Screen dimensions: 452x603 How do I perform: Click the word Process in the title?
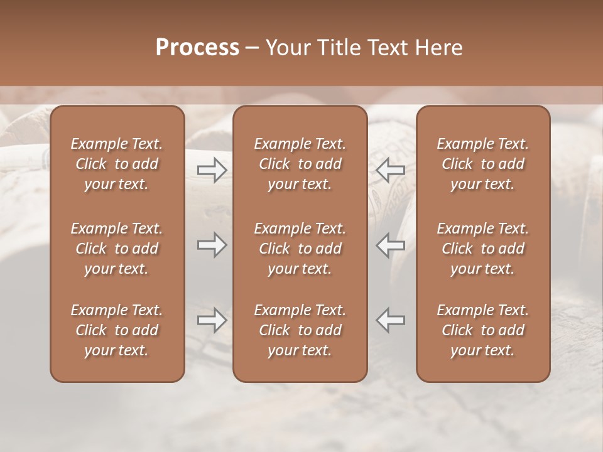pos(197,48)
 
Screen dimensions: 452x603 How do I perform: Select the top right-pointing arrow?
pos(212,170)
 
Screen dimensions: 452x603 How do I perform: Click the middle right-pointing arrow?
pos(212,245)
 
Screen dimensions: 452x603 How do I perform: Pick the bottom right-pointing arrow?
pos(212,320)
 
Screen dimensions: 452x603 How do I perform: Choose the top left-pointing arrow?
pos(391,170)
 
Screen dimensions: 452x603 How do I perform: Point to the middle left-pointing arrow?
pos(391,245)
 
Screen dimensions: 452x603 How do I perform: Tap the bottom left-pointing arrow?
pos(391,320)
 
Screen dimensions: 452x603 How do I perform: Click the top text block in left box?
pos(117,164)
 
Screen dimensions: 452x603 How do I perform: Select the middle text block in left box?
pos(117,249)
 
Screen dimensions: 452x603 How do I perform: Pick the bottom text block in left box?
pos(117,330)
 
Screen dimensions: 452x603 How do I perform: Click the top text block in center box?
pos(300,164)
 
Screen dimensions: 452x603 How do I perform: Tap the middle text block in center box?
pos(300,249)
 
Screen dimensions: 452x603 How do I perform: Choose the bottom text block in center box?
pos(300,330)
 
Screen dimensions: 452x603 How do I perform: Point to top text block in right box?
pos(483,164)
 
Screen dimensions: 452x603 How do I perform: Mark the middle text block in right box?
pos(483,249)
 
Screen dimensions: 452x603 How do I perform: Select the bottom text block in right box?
pos(483,330)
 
